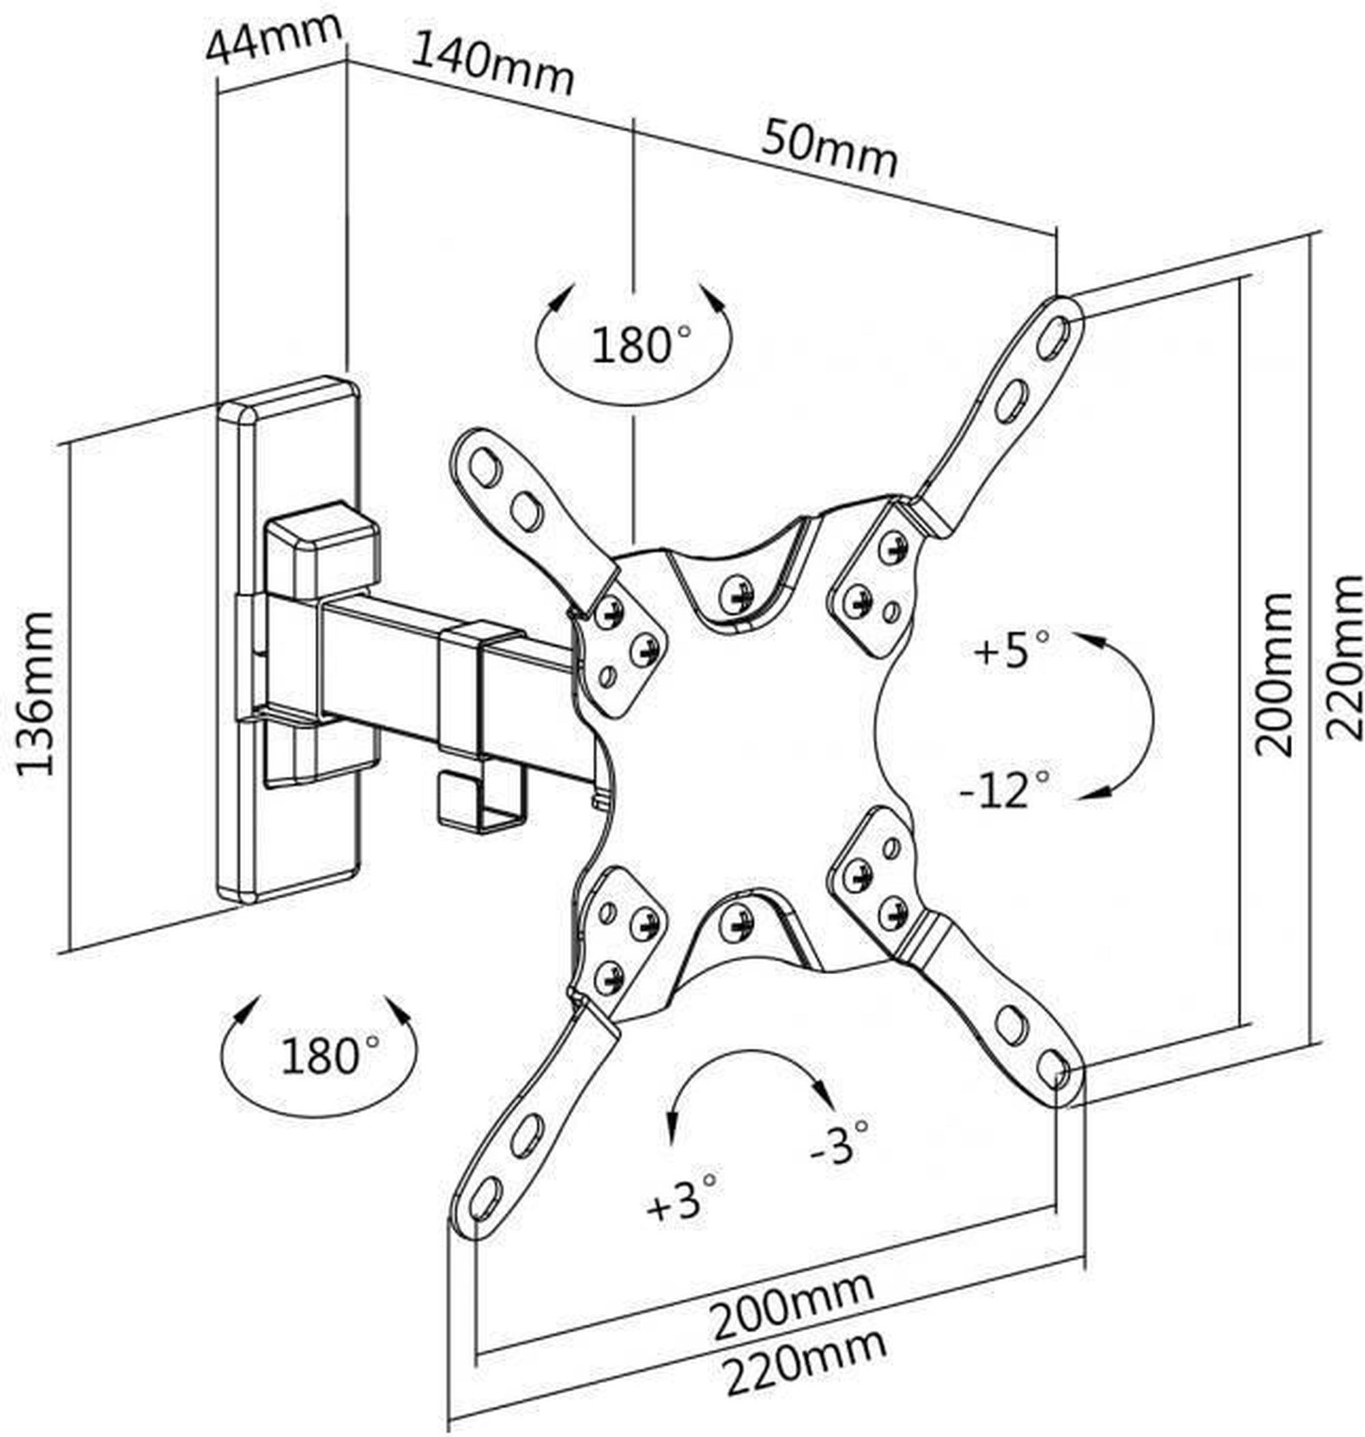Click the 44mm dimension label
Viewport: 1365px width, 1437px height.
(274, 40)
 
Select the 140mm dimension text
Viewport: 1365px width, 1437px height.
(493, 64)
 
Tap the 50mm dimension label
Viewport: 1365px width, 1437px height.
(829, 149)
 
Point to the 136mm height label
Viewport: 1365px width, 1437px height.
(35, 694)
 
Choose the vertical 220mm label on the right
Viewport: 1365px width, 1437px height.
(1343, 657)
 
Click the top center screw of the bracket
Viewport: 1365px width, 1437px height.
(736, 596)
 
